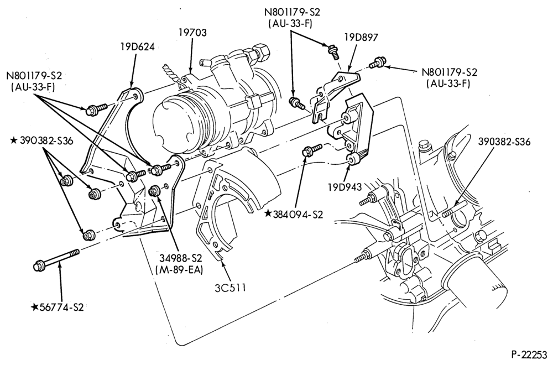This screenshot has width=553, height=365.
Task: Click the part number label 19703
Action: pyautogui.click(x=192, y=33)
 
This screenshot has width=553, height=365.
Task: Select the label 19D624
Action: pyautogui.click(x=137, y=46)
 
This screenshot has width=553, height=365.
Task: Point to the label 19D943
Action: pyautogui.click(x=345, y=187)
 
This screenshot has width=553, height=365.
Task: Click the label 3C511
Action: pyautogui.click(x=230, y=288)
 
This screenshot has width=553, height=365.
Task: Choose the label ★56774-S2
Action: pyautogui.click(x=58, y=307)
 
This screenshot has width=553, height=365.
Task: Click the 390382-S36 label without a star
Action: pyautogui.click(x=504, y=142)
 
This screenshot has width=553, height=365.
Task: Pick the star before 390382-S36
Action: pyautogui.click(x=14, y=140)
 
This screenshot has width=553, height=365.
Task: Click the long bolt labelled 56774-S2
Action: pyautogui.click(x=56, y=259)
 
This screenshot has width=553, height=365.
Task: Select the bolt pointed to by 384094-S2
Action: pyautogui.click(x=312, y=149)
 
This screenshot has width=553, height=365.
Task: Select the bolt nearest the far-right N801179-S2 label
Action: pyautogui.click(x=376, y=63)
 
